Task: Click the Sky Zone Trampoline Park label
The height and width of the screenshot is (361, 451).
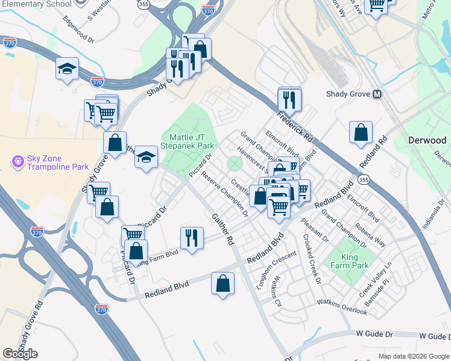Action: click(57, 162)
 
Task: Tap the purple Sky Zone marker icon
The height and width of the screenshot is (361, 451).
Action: click(17, 162)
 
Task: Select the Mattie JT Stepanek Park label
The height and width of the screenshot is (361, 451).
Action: click(188, 141)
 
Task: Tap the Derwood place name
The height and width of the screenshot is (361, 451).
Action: click(427, 140)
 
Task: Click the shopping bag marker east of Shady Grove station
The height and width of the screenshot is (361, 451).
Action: click(361, 134)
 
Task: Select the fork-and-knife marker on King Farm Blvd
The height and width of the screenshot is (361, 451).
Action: click(192, 238)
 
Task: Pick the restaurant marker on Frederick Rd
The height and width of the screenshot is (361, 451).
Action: click(289, 100)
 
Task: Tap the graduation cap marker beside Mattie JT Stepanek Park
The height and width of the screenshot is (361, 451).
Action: click(146, 158)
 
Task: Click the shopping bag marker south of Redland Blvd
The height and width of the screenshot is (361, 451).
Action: click(222, 283)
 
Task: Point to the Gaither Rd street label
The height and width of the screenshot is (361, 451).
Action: click(221, 229)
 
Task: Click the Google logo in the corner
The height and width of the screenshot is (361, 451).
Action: click(20, 353)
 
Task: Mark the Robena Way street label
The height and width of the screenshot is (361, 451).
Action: click(388, 233)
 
